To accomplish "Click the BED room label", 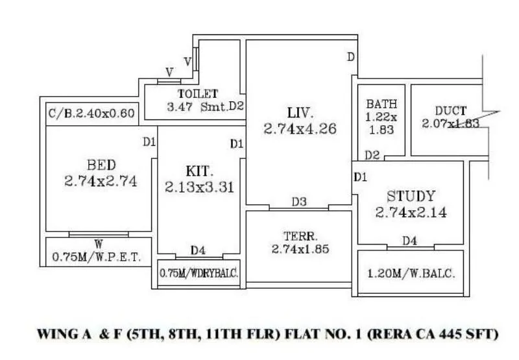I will [101, 165].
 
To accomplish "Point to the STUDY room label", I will [411, 196].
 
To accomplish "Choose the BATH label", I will [381, 104].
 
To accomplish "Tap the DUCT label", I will [450, 110].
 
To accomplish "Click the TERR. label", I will [299, 235].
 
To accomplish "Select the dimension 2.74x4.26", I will [300, 128].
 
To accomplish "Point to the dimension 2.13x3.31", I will [200, 187].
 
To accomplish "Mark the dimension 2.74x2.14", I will [411, 212].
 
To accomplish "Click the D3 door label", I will [298, 202].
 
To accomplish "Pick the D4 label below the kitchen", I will [199, 250].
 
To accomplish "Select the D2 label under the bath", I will [372, 155].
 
